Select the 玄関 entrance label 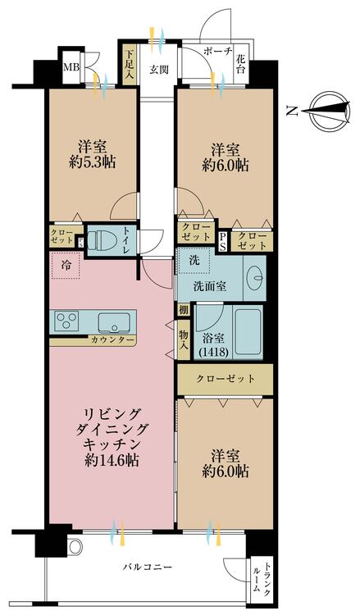158,70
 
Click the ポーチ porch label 217,51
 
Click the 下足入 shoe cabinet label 129,64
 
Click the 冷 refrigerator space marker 64,266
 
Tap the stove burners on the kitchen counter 65,321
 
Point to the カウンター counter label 113,339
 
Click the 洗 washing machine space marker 194,260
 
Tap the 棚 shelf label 184,311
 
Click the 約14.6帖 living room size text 111,460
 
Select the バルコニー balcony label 148,567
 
